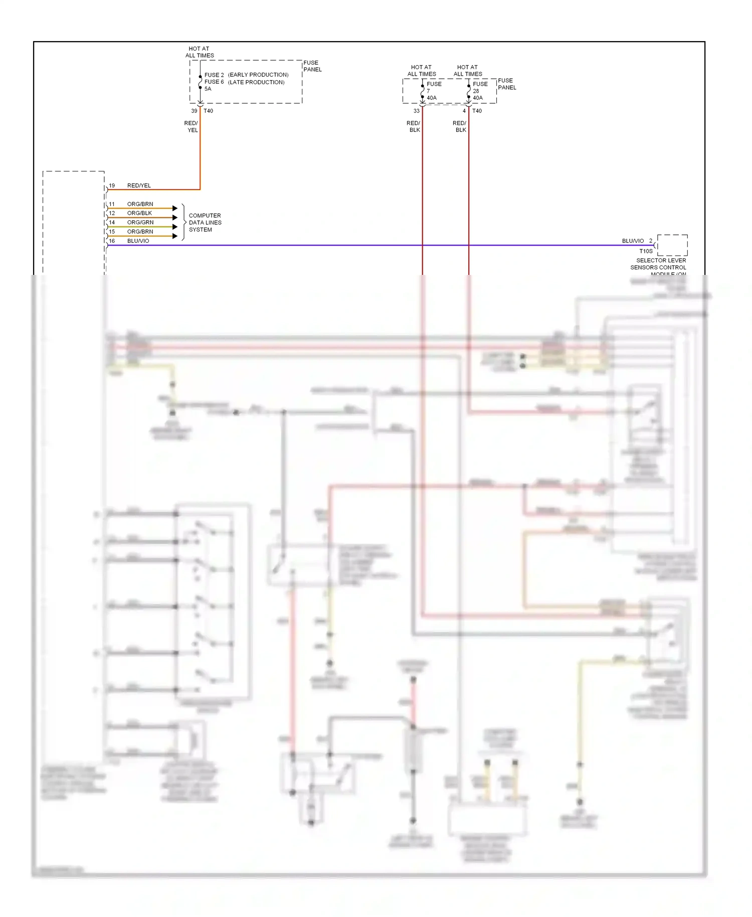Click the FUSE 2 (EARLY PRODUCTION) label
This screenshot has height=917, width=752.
(x=246, y=75)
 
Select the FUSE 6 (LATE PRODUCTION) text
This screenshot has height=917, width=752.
(x=244, y=82)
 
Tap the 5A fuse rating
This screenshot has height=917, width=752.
(x=208, y=89)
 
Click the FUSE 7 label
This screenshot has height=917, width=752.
(x=434, y=87)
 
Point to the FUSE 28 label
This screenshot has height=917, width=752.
(x=480, y=87)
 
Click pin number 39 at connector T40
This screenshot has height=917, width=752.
(x=194, y=111)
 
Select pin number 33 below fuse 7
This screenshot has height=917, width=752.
(x=416, y=111)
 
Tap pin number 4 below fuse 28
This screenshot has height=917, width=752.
(x=464, y=111)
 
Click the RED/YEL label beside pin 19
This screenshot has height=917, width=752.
(x=139, y=186)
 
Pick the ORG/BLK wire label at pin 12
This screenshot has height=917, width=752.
(x=139, y=213)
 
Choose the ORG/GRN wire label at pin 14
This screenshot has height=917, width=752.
(x=140, y=222)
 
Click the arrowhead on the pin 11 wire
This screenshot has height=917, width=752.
(x=175, y=208)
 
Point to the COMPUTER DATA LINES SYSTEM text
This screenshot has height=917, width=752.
(x=205, y=223)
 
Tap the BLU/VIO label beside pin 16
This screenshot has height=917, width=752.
(x=138, y=241)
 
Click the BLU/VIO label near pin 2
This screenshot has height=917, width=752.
(x=633, y=241)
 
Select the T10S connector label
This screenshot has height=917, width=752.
(x=646, y=251)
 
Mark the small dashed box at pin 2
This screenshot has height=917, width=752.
(x=672, y=245)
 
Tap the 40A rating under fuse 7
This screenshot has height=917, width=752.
(x=432, y=98)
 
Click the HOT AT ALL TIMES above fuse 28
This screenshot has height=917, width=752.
(x=467, y=70)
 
